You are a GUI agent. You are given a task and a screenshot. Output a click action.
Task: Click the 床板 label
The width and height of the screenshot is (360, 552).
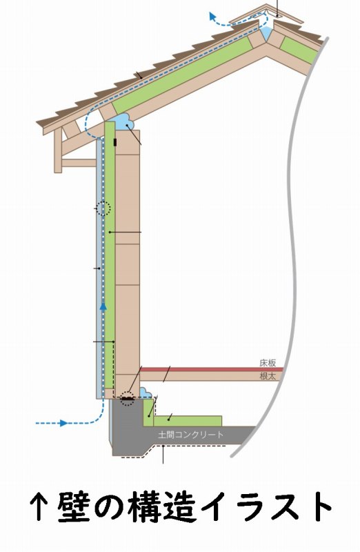268,363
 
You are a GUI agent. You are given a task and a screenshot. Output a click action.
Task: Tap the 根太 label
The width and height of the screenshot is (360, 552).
268,376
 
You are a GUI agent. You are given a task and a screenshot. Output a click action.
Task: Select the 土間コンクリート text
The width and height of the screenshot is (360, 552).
191,435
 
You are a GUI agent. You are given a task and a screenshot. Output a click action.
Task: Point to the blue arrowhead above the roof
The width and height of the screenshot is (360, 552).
212,16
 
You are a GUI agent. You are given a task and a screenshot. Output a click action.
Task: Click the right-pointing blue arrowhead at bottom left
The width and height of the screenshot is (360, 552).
63,423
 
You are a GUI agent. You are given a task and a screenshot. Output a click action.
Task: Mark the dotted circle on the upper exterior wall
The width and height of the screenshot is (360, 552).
103,208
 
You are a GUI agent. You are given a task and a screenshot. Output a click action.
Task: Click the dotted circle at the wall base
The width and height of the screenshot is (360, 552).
127,398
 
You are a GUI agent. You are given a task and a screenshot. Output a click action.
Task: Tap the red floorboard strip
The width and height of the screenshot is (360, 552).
212,369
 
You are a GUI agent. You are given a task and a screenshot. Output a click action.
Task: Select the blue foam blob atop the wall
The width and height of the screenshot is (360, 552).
125,122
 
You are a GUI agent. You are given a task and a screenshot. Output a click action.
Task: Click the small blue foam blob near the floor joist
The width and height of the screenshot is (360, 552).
145,393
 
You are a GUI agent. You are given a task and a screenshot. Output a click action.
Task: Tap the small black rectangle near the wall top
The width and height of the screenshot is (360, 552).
115,143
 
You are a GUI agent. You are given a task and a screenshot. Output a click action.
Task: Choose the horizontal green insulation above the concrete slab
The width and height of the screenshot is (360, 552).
188,421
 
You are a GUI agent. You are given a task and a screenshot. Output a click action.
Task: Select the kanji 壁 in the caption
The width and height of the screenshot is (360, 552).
74,506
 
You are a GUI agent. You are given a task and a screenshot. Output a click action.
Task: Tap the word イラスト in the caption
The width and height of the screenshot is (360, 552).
268,506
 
